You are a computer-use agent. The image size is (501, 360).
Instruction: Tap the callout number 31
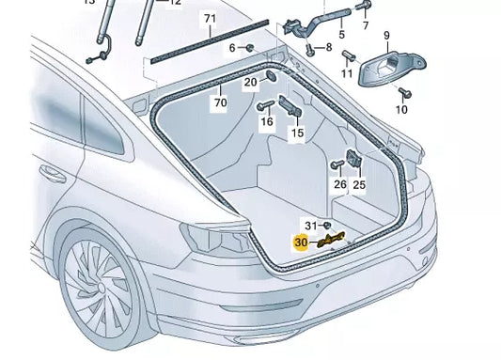[311, 225]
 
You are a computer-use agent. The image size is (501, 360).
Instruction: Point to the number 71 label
[210, 19]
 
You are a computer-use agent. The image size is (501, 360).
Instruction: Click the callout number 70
[219, 102]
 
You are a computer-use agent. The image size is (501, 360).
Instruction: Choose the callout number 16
[267, 121]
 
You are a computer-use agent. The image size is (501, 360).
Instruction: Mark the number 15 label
[297, 134]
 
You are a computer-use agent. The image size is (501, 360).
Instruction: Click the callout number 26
[338, 185]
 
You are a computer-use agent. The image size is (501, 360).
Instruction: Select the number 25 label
[359, 185]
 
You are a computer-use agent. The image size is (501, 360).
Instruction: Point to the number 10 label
[401, 110]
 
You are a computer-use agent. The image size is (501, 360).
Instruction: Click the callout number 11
[347, 72]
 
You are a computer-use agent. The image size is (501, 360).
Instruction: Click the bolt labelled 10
[403, 92]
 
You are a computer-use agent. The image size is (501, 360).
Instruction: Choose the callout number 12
[174, 3]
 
